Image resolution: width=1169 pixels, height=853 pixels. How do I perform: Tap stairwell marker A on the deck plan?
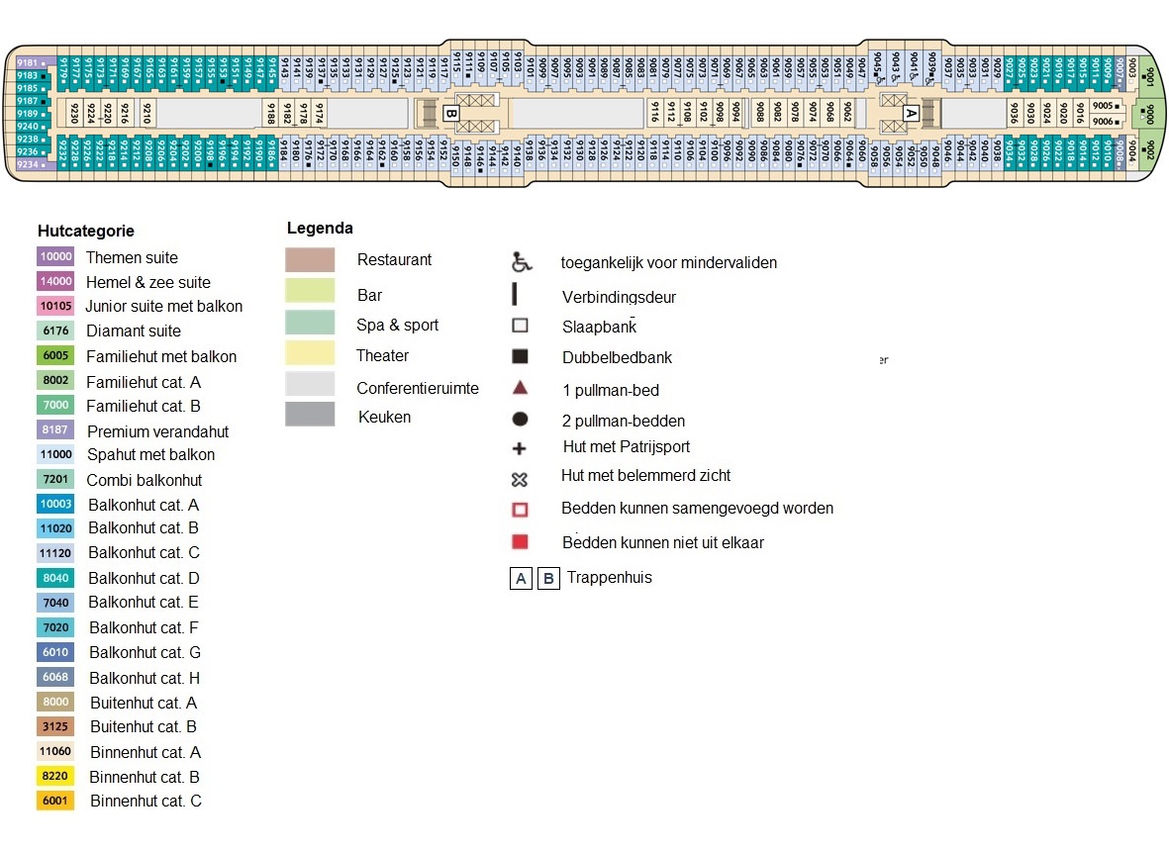pos(911,113)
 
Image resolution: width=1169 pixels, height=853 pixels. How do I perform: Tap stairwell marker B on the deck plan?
pos(450,113)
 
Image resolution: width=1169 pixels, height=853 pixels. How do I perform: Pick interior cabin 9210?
pos(147,113)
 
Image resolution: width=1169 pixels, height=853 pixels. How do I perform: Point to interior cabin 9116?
pos(654,113)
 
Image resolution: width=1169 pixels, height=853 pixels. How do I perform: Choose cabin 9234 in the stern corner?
pos(30,164)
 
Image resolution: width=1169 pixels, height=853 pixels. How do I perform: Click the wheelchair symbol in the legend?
pos(521,263)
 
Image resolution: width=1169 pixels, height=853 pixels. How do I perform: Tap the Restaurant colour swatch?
pos(310,260)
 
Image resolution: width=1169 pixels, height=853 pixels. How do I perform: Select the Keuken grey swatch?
pos(310,415)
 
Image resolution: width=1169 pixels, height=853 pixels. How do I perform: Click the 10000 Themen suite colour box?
pos(55,257)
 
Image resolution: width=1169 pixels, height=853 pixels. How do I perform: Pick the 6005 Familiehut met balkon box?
pos(55,356)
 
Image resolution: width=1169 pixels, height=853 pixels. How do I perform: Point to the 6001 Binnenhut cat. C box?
pos(55,801)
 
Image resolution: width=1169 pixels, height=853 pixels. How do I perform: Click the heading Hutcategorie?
pos(85,231)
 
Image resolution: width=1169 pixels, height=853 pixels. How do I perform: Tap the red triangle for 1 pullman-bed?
pos(520,388)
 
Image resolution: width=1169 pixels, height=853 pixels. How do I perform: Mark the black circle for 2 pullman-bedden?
pos(520,420)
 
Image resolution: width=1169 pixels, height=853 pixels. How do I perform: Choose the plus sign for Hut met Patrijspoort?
pos(520,448)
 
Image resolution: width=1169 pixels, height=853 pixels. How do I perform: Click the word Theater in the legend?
pos(382,355)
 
